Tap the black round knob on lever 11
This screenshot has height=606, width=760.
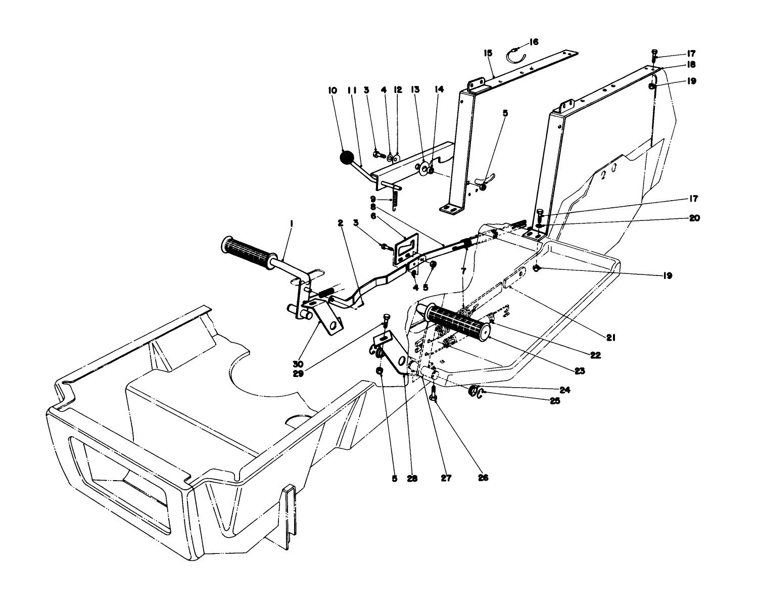[348, 158]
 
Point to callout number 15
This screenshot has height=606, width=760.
[488, 53]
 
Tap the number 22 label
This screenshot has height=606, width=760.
[595, 355]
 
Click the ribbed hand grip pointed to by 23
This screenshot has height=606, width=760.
[458, 320]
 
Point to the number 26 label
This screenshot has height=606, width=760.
[483, 477]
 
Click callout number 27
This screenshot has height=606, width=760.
[446, 477]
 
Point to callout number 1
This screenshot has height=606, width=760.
[292, 221]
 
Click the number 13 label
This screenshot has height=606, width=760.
[415, 90]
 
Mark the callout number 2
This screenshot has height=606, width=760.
[341, 222]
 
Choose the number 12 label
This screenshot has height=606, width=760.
[398, 90]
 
